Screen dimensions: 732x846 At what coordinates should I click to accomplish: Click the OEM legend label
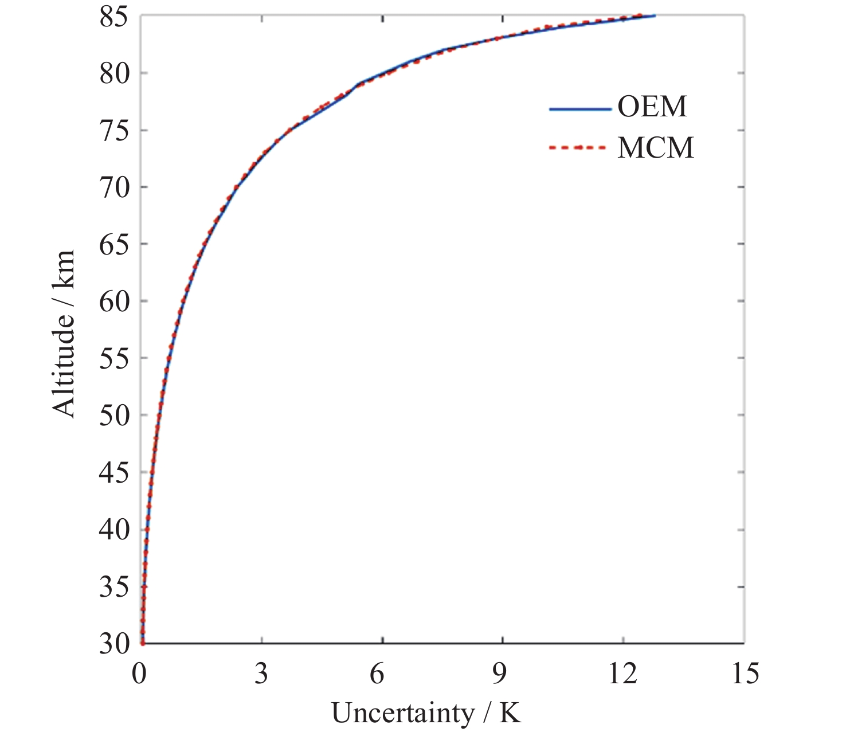[652, 107]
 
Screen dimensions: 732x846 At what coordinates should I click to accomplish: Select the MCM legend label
[656, 148]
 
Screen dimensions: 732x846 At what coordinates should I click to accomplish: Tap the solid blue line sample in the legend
[579, 109]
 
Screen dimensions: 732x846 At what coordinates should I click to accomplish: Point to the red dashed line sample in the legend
[578, 148]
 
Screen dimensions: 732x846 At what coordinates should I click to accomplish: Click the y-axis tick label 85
[115, 17]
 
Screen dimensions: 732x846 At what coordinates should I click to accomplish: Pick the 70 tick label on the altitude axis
[115, 187]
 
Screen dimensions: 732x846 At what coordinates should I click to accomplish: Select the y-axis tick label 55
[115, 358]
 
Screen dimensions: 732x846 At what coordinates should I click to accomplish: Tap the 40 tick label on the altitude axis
[115, 529]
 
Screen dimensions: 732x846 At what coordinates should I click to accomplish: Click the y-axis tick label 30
[115, 644]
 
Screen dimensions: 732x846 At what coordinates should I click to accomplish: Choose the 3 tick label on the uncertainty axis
[261, 674]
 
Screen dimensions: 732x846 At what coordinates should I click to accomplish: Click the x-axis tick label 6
[377, 674]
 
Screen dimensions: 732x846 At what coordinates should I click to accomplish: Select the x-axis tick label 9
[499, 674]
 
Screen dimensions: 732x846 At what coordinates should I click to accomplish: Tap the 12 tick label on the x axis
[622, 674]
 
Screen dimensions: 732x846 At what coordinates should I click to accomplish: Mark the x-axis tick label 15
[745, 674]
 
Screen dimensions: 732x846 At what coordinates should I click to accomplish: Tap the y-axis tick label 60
[115, 301]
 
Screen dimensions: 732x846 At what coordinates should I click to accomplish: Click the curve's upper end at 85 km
[653, 15]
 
